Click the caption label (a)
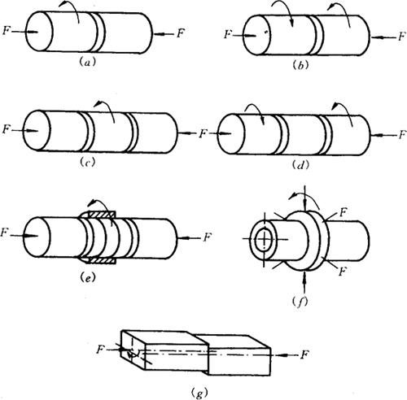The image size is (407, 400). (86, 63)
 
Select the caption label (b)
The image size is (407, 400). (301, 66)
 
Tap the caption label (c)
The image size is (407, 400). (88, 163)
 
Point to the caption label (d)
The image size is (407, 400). (301, 164)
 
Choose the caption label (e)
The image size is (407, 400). (88, 278)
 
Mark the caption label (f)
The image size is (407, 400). (301, 302)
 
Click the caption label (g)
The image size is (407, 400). (199, 393)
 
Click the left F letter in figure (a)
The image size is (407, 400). (6, 30)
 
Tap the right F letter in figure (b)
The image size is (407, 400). (402, 37)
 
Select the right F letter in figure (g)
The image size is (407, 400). (304, 354)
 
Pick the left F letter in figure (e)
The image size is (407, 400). (4, 233)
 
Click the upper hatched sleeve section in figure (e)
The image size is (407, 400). (98, 215)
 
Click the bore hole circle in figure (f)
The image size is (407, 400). (264, 239)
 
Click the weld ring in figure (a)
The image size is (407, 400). (101, 32)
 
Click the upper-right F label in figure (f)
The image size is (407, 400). (344, 212)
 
